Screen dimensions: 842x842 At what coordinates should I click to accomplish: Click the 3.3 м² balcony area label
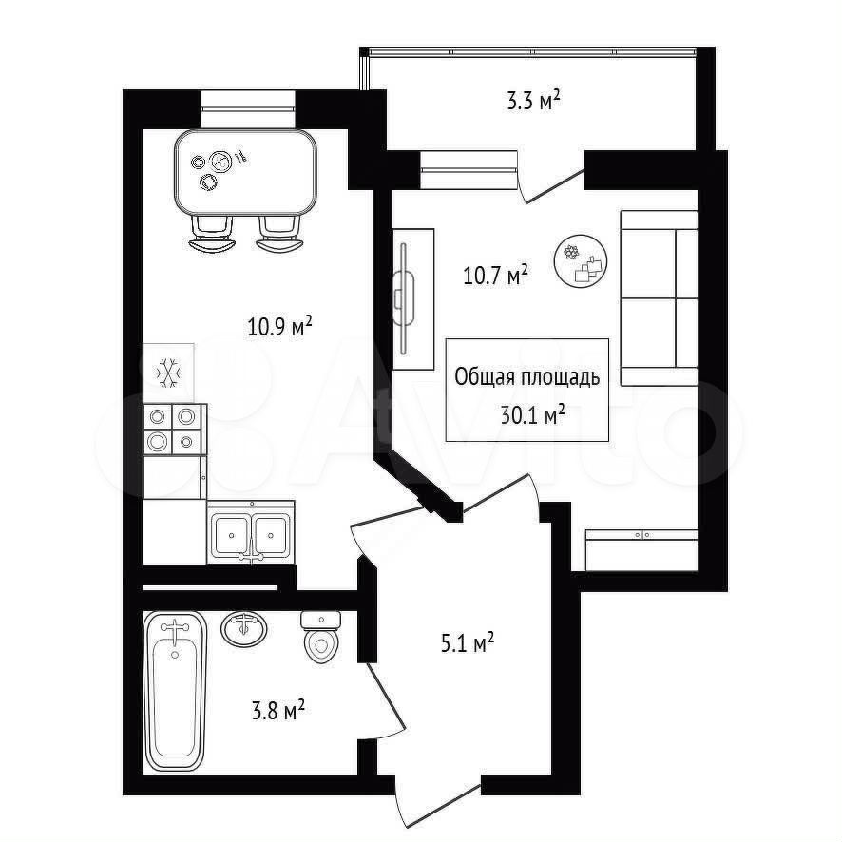534,101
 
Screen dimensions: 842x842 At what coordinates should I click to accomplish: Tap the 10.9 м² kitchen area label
279,327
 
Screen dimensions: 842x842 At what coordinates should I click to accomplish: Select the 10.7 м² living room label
496,276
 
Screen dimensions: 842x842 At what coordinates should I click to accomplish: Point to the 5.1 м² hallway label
468,643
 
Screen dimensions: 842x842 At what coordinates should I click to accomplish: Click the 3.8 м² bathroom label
278,712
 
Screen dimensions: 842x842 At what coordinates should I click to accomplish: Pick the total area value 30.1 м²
532,414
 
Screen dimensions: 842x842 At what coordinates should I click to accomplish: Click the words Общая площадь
526,377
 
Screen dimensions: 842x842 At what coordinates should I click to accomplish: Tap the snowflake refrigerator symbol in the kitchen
168,373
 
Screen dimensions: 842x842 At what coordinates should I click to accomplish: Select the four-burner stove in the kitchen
175,430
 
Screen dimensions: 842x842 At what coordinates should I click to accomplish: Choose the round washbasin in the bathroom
244,629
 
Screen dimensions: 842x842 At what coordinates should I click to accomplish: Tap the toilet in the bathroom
321,637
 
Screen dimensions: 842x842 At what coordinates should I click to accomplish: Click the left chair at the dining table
213,233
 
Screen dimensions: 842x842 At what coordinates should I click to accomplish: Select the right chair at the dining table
280,233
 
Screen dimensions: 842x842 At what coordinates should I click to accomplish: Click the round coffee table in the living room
581,261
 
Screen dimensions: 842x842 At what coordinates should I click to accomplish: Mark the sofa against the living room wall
659,298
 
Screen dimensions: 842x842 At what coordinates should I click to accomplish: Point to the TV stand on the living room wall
413,299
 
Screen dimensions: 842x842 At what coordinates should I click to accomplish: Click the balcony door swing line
555,186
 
